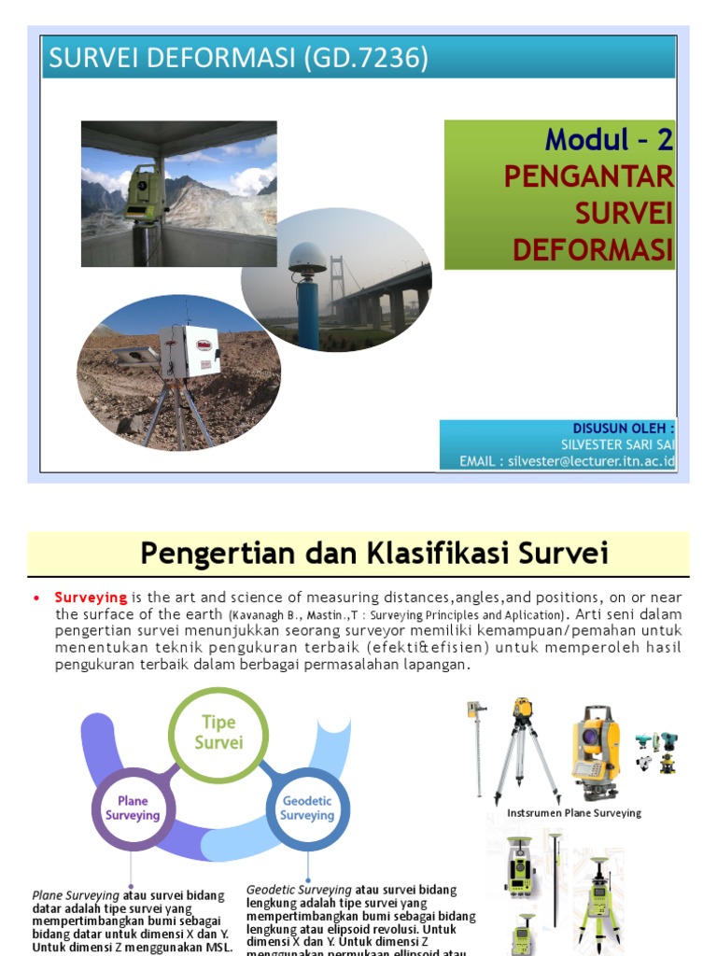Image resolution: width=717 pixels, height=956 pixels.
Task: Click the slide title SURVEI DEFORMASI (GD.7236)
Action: coord(239,59)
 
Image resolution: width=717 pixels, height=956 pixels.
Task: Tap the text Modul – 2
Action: coord(609,140)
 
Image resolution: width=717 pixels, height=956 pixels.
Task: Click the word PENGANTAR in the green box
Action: coord(588,176)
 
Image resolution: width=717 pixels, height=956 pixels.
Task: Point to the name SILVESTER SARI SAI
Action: coord(617,444)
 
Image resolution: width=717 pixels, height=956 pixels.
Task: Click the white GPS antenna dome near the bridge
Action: coord(307,256)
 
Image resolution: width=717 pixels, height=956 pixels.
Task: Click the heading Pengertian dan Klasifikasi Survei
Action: coord(374,554)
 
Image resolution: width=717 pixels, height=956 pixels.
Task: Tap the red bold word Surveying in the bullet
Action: coord(91,597)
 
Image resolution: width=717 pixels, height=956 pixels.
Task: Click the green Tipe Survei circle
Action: coord(218,733)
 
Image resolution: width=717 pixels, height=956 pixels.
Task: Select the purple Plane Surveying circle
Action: coord(133,808)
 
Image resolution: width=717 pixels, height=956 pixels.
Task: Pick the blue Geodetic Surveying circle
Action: coord(306,808)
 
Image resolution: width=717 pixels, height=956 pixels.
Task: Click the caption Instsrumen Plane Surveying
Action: coord(574,813)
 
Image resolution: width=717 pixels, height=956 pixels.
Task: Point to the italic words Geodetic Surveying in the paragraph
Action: coord(299,890)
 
